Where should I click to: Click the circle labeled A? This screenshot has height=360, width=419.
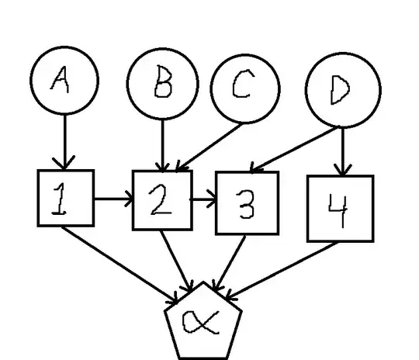click(64, 80)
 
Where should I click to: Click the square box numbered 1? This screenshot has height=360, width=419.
click(65, 198)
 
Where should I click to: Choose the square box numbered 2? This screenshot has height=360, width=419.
click(162, 200)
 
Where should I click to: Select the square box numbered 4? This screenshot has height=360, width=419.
click(340, 208)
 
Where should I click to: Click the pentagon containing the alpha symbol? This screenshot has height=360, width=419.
click(203, 320)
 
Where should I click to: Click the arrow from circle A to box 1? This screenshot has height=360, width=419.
click(64, 140)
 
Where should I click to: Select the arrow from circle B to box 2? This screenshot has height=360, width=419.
click(162, 144)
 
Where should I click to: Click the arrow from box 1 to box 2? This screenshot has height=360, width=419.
click(113, 199)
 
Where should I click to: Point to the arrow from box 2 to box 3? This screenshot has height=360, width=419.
click(204, 202)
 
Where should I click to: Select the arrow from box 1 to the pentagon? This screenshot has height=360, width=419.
click(124, 261)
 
